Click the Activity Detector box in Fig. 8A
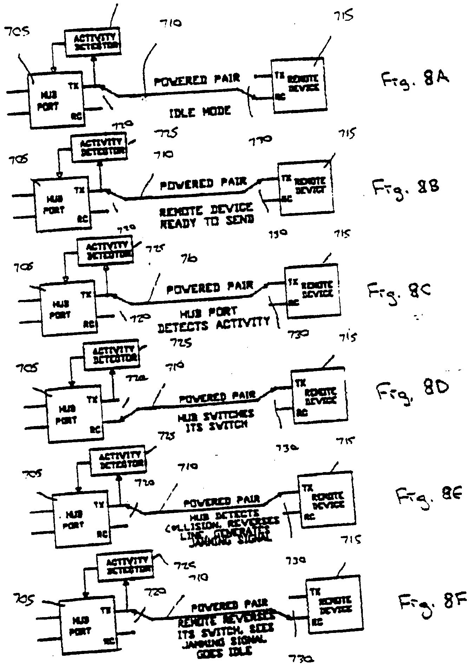pos(92,42)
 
